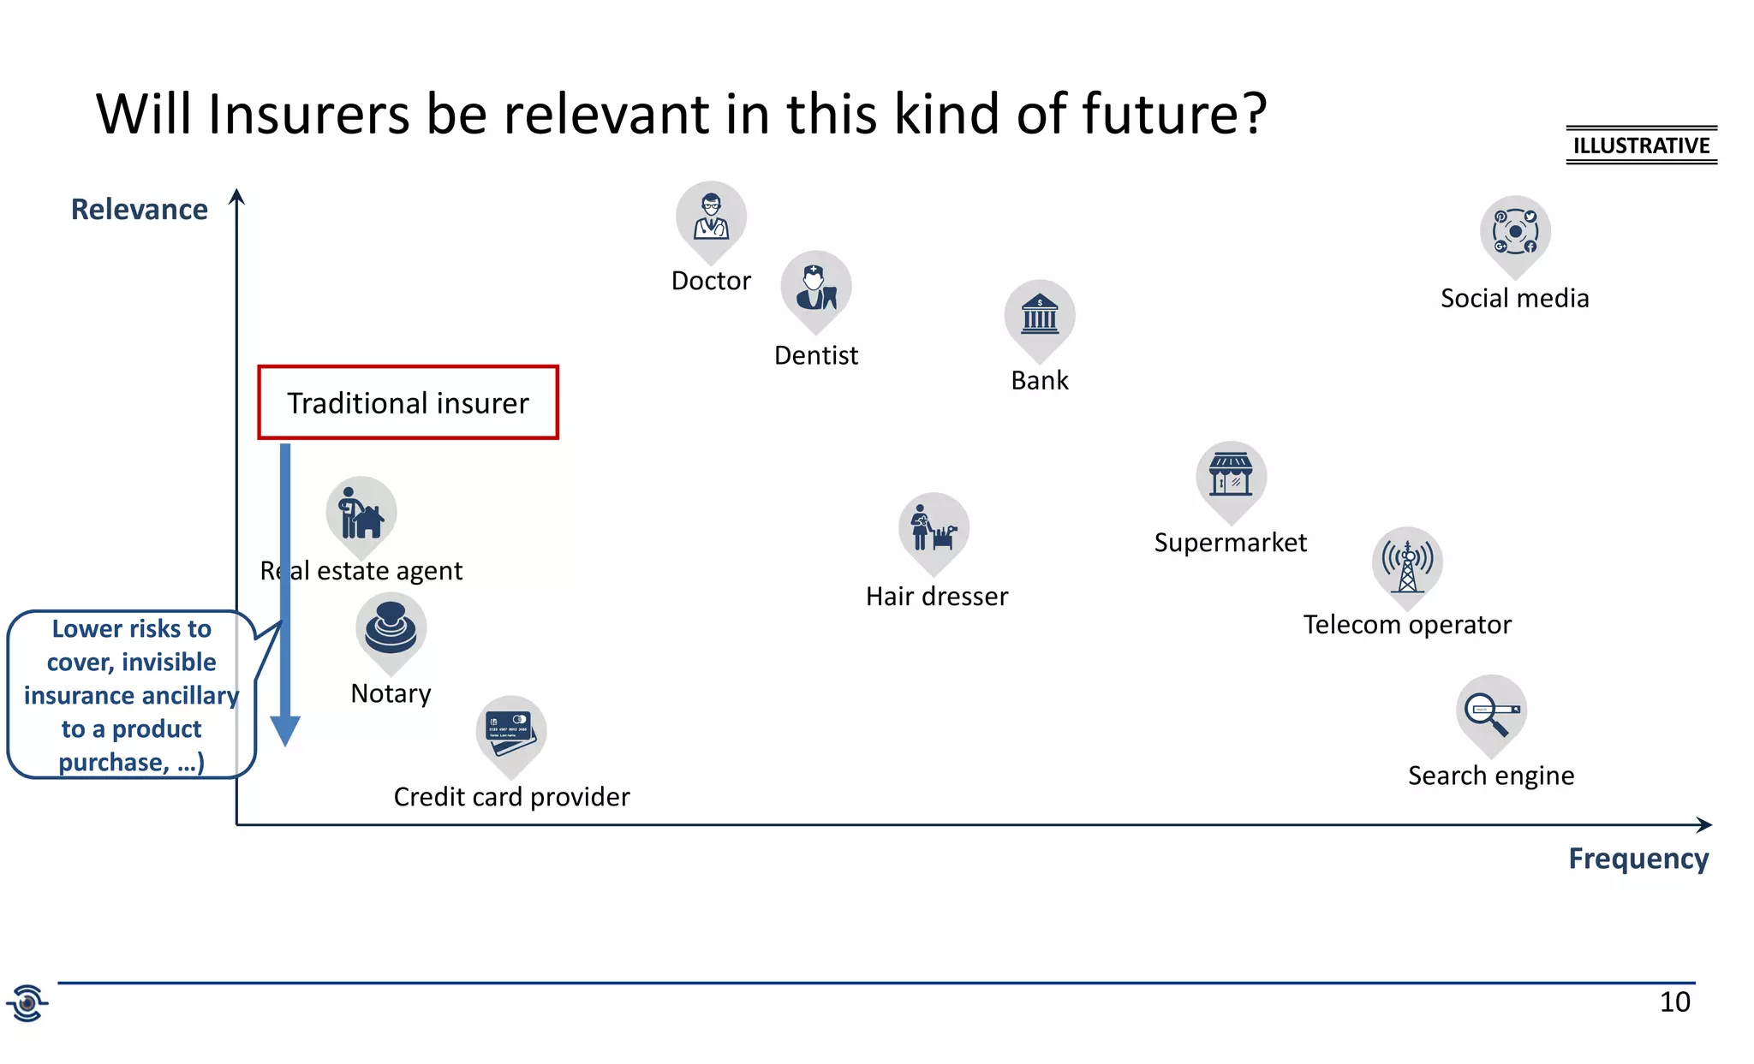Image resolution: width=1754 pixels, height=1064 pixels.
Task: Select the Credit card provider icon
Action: coord(510,731)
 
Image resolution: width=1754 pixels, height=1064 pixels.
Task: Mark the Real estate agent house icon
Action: coord(361,513)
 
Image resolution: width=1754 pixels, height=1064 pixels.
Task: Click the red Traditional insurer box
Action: coord(409,403)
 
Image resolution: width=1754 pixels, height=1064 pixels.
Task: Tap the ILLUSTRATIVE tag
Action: coord(1641,146)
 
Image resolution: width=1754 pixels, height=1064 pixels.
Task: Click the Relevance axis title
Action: coord(139,210)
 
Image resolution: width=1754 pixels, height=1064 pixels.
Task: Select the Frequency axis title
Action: coord(1638,859)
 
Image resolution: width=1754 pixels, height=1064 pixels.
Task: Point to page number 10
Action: coord(1674,1002)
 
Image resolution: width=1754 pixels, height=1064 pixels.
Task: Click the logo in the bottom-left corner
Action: coord(27,1003)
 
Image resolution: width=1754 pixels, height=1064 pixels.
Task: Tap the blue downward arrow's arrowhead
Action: coord(285,730)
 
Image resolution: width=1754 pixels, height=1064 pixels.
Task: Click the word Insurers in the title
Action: coord(309,114)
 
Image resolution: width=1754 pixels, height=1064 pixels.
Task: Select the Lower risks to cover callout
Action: coord(131,695)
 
